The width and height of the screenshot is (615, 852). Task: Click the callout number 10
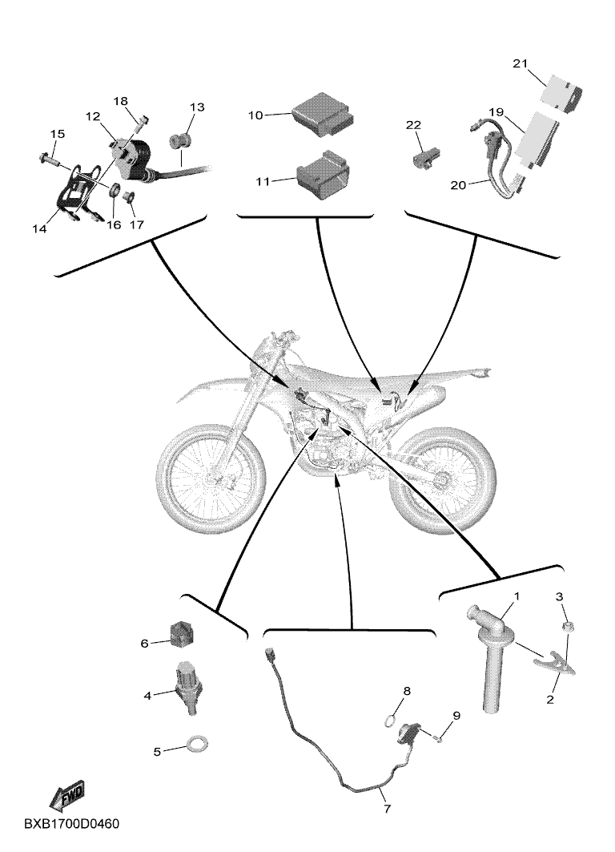coord(255,115)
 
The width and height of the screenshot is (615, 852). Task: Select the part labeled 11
coord(322,175)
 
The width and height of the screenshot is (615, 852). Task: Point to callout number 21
coord(520,63)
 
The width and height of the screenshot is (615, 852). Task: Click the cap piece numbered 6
coord(181,634)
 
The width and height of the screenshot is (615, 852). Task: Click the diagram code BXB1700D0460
coord(71,824)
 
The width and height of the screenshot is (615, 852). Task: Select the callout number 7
coord(387,809)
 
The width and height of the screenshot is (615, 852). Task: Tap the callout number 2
coord(550,699)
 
